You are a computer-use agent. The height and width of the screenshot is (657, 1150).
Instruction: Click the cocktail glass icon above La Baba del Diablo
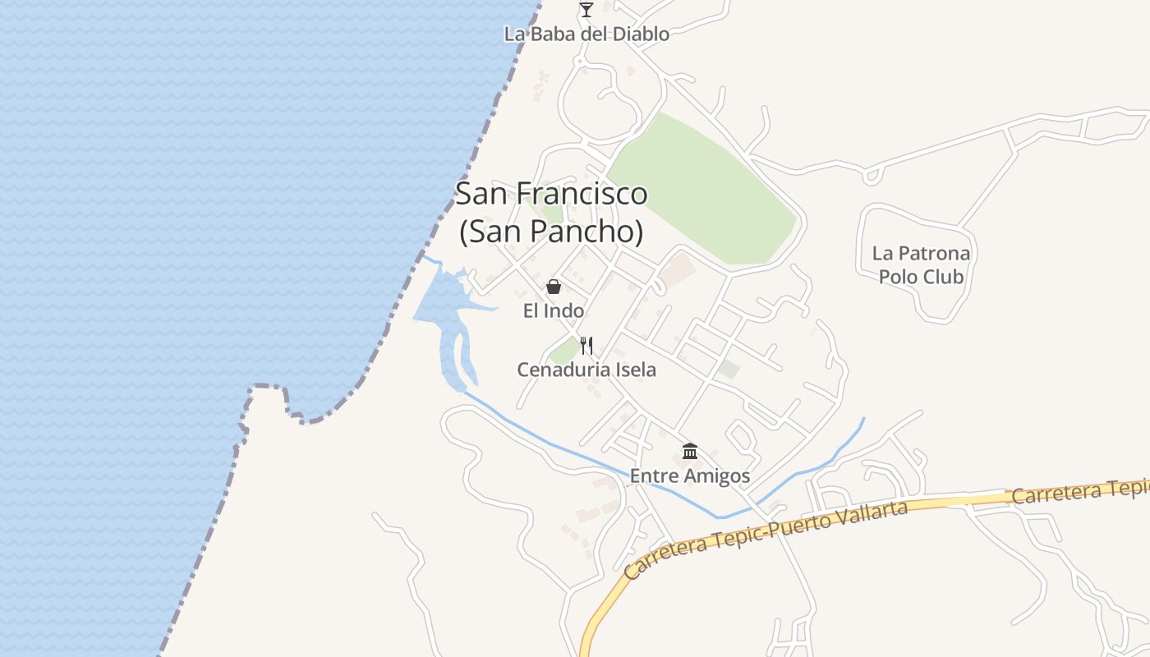586,10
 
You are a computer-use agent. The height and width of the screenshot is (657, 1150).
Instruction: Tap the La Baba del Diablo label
586,34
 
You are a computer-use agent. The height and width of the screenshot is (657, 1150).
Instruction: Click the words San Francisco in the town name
551,195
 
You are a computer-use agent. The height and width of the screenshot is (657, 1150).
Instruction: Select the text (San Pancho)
551,232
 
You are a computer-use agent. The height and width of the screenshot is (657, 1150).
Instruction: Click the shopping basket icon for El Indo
554,287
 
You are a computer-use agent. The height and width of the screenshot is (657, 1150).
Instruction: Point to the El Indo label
554,311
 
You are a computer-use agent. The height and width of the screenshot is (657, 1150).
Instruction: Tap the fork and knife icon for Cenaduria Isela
586,345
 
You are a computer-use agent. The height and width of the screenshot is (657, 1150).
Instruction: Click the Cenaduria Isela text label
586,370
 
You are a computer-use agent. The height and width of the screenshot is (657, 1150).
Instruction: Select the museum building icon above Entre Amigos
690,452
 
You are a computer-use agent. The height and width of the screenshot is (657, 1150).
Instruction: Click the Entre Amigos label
690,476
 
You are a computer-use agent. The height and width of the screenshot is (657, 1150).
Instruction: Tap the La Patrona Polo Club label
921,265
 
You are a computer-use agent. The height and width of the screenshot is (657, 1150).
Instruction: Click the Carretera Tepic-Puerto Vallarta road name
766,538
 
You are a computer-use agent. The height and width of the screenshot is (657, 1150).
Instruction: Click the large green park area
706,193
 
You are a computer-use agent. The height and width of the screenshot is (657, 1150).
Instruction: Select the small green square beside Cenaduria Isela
564,352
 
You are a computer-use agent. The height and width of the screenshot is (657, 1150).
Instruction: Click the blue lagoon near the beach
444,304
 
